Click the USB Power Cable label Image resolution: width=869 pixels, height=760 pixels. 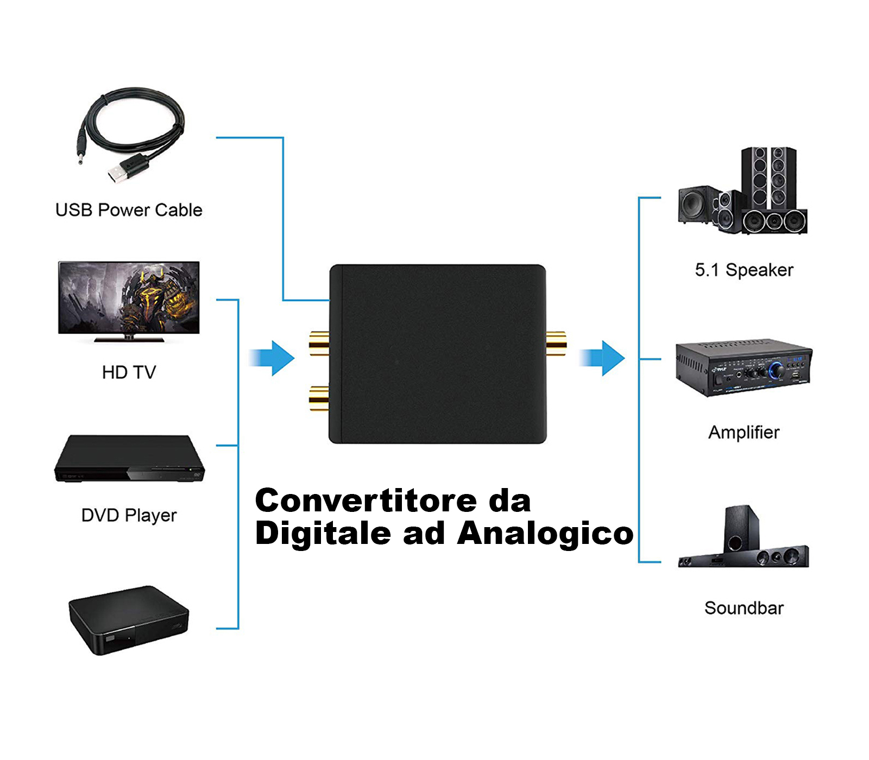pos(129,210)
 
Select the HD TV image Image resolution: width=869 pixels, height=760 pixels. pos(129,300)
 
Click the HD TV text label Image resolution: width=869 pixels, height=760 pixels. pos(129,372)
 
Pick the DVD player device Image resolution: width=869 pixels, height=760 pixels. pos(129,459)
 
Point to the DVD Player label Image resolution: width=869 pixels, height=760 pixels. pos(129,515)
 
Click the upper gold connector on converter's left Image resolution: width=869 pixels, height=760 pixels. pos(319,343)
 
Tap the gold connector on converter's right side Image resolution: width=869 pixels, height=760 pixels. pos(556,343)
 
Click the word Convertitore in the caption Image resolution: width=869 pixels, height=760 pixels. pos(366,501)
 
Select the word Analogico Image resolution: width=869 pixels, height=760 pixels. pos(545,533)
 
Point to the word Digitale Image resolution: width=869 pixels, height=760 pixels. pos(323,533)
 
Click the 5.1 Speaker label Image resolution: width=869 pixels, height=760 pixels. pos(744,270)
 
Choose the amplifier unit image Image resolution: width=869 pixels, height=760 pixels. pos(743,367)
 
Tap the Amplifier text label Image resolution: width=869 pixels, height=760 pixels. pos(744,433)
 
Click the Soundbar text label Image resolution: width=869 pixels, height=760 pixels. pos(744,608)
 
